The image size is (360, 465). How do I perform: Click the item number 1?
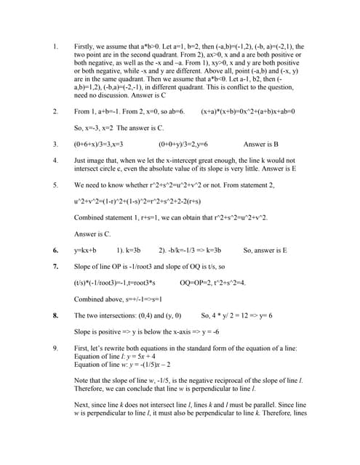coord(55,46)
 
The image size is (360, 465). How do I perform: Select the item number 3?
coord(55,144)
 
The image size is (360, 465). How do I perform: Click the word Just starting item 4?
coord(81,160)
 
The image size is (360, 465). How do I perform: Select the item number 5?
coord(55,185)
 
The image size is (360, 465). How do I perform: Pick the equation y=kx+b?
coord(85,250)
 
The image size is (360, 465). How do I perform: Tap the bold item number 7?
coord(55,266)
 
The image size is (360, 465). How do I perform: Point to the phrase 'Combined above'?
coord(99,299)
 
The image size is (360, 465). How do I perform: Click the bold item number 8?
coord(55,315)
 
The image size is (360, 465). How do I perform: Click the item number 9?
coord(55,348)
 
